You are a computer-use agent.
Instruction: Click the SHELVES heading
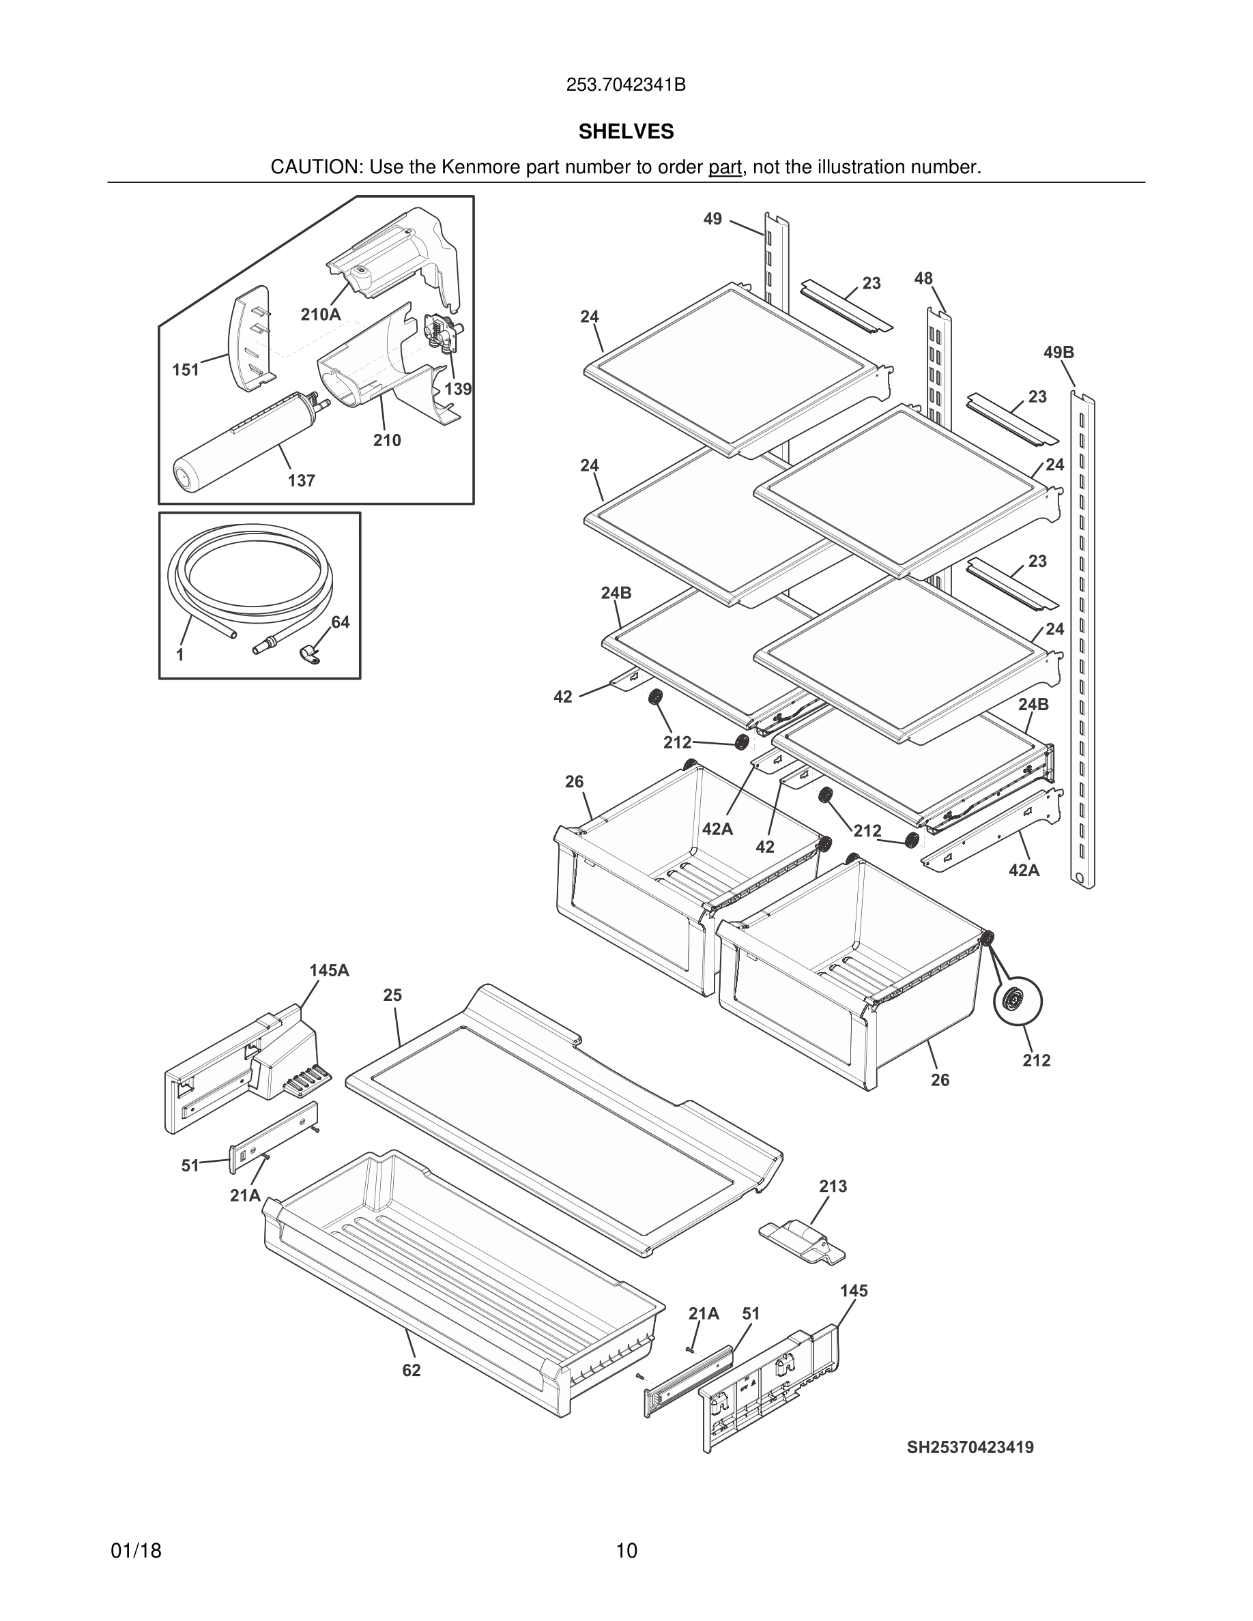tap(626, 132)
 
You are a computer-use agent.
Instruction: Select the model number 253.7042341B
tap(626, 85)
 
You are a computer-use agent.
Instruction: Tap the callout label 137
tap(302, 481)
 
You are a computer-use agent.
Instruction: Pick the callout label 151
tap(186, 370)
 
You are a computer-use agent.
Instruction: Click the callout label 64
tap(340, 622)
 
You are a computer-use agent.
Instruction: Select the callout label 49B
tap(1058, 353)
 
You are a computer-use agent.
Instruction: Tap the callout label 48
tap(923, 278)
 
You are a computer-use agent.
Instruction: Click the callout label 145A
tap(329, 970)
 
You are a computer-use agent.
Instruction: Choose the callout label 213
tap(833, 1186)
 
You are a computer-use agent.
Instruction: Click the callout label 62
tap(412, 1371)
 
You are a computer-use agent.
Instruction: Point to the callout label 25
tap(392, 995)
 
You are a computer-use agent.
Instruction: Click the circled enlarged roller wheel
tap(1018, 1002)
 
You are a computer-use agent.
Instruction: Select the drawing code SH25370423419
tap(970, 1447)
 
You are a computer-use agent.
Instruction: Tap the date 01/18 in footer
tap(136, 1551)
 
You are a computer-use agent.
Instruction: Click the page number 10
tap(626, 1551)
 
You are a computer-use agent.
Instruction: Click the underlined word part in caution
tap(725, 168)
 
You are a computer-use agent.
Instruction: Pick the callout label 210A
tap(321, 315)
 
